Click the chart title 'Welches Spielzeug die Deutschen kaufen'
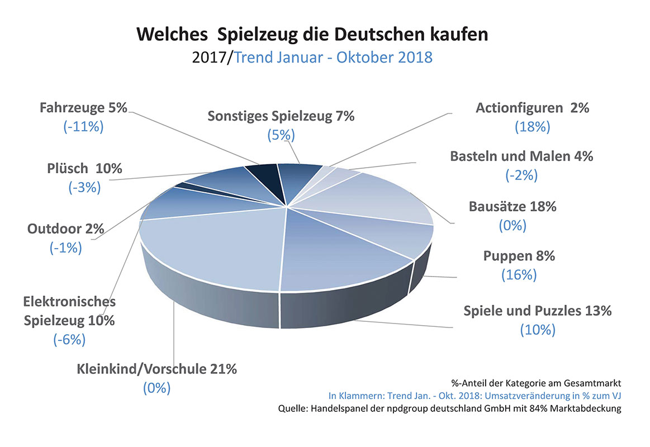tap(312, 35)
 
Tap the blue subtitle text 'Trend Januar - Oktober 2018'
tap(333, 58)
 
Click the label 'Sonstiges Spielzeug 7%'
tap(281, 116)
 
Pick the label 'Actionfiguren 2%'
tap(532, 107)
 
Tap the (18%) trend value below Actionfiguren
tap(532, 127)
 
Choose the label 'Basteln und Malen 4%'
tap(521, 156)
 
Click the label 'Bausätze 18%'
tap(513, 206)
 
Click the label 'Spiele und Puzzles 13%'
tap(538, 310)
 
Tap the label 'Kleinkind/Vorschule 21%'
tap(156, 368)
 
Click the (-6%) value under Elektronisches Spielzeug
tap(69, 339)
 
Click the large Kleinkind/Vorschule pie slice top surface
tap(212, 246)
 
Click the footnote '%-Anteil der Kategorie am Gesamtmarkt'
tap(537, 383)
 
